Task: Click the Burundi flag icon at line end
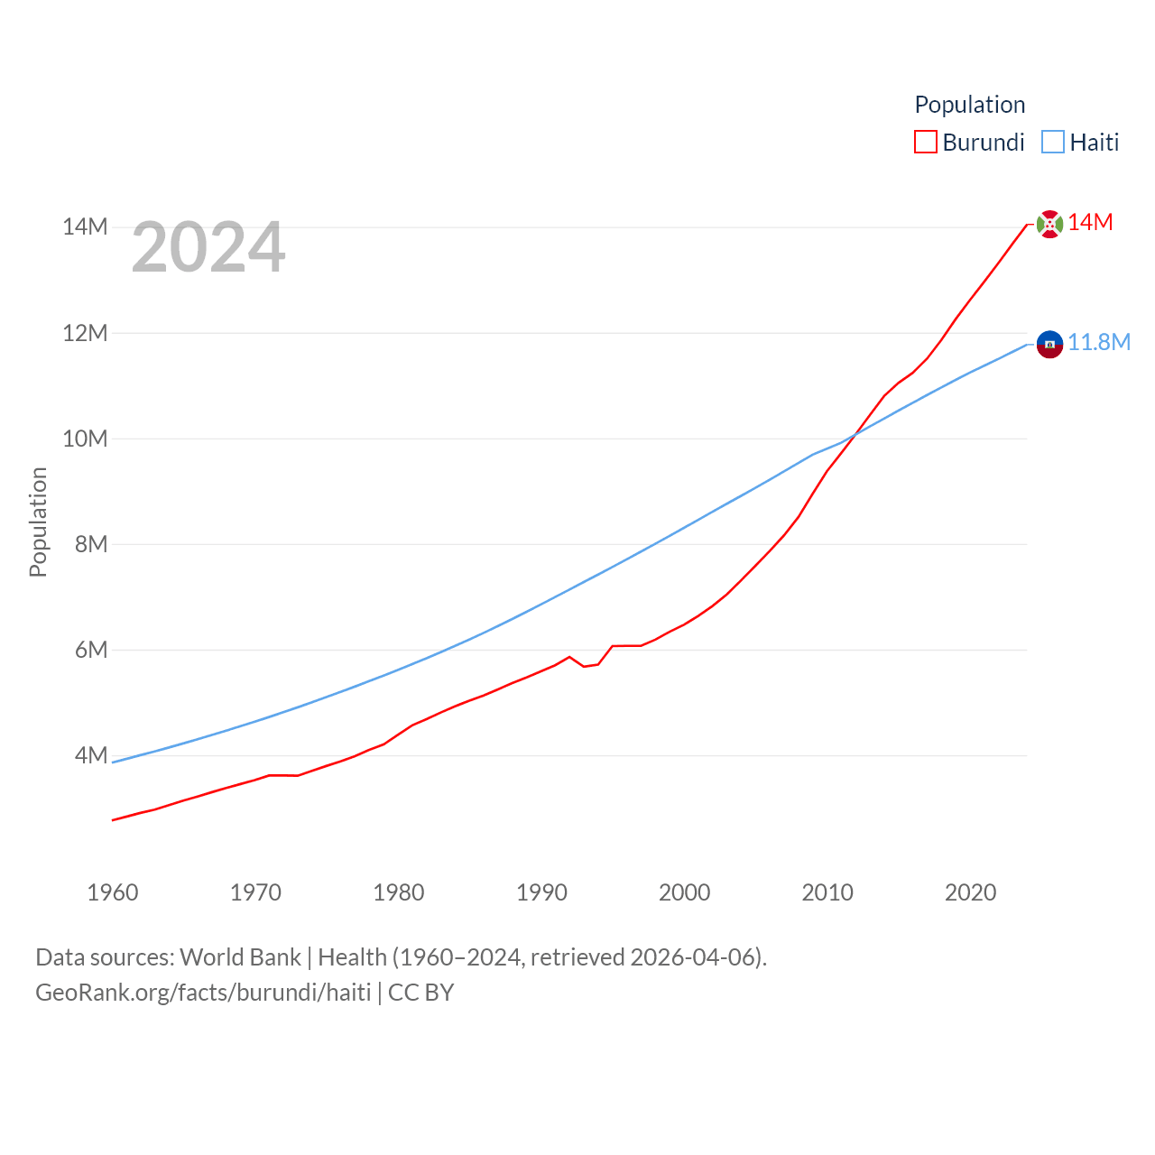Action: point(1049,224)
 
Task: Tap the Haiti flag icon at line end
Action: point(1049,344)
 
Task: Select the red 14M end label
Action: point(1090,223)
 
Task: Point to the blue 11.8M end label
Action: point(1099,343)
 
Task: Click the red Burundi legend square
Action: point(926,142)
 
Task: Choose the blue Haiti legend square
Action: point(1053,142)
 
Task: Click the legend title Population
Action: point(970,105)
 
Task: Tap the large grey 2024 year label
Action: point(208,247)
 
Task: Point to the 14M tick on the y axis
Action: point(85,226)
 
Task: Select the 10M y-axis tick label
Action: point(85,439)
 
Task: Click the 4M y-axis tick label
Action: point(91,755)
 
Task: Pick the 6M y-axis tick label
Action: point(91,650)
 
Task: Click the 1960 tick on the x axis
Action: point(113,892)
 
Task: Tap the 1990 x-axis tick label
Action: point(541,892)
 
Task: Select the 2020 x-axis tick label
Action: point(970,892)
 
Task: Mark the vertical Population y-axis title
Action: point(38,522)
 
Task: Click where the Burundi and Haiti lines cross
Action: point(853,436)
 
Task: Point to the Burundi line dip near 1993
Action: point(585,666)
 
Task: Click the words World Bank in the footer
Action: point(240,956)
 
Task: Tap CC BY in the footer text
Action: point(420,993)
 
